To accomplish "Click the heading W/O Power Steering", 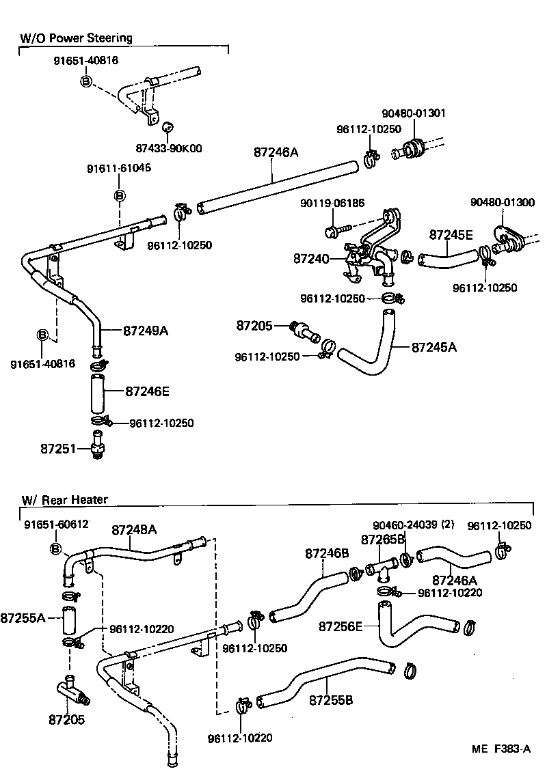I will pyautogui.click(x=76, y=38).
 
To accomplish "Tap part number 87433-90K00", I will pyautogui.click(x=170, y=148).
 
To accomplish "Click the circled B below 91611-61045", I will pyautogui.click(x=119, y=196).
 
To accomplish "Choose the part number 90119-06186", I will pyautogui.click(x=332, y=203).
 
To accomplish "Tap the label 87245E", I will pyautogui.click(x=451, y=234).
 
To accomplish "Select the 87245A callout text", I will pyautogui.click(x=434, y=347).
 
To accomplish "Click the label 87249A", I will pyautogui.click(x=146, y=331).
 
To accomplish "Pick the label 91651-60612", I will pyautogui.click(x=56, y=524).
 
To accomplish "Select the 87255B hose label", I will pyautogui.click(x=331, y=700).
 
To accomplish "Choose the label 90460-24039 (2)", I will pyautogui.click(x=414, y=525).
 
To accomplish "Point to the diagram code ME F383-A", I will pyautogui.click(x=501, y=749).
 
